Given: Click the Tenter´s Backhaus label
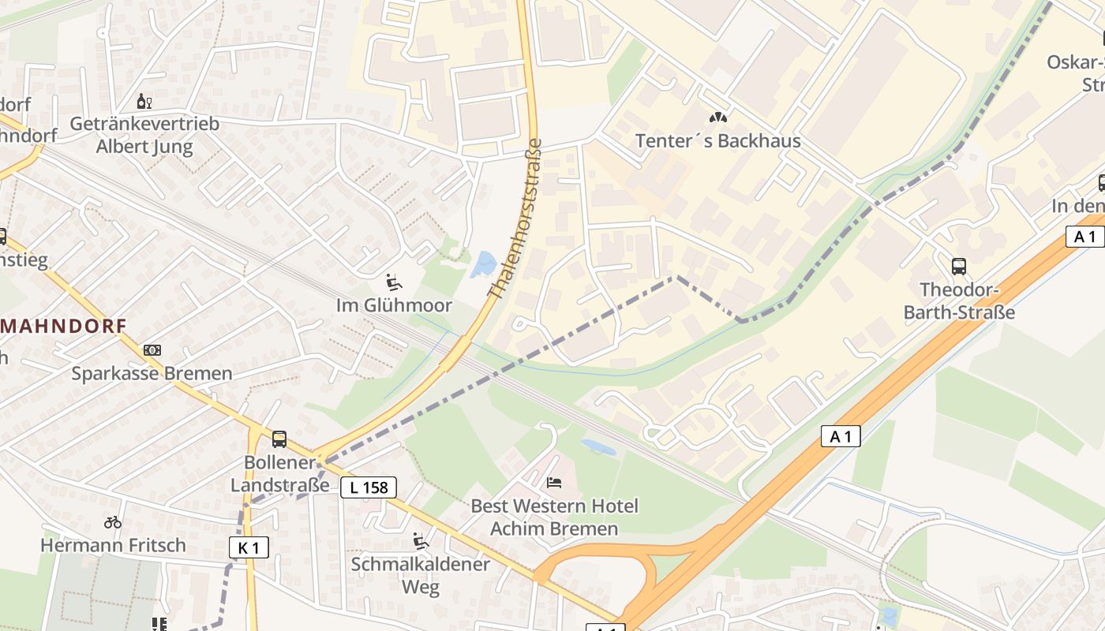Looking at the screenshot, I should (718, 141).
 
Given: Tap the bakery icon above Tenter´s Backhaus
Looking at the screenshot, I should (717, 118).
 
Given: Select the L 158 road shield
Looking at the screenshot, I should (369, 487).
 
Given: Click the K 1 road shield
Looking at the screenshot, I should (249, 547).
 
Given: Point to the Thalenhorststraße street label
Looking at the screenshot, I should (515, 219).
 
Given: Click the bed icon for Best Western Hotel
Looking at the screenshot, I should (555, 482).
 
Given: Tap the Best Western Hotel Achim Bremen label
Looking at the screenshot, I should (555, 517).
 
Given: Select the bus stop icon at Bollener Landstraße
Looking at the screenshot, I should (279, 439).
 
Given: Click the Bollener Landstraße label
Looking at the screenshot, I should (280, 474).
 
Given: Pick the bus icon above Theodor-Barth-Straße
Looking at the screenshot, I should (959, 267).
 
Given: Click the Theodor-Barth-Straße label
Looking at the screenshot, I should (959, 301).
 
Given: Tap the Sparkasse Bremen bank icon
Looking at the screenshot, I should (152, 350).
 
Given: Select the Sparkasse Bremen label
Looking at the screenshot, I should (152, 374).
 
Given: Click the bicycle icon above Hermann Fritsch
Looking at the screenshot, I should (113, 522).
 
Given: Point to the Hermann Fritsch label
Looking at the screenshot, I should (113, 545).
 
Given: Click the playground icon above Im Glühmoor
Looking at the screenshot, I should (392, 282).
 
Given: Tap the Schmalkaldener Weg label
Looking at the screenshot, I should (421, 576).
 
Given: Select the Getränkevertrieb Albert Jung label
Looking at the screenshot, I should (144, 135).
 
